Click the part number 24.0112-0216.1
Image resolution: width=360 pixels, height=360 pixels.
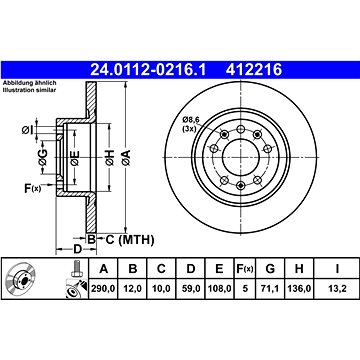point(149,70)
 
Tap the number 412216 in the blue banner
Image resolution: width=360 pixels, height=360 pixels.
point(254,70)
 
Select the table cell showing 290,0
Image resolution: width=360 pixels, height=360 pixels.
point(103,289)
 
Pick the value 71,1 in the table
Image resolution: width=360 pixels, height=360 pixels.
point(270,289)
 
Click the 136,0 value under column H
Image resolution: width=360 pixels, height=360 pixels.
point(299,289)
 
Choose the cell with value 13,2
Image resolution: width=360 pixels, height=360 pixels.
point(337,289)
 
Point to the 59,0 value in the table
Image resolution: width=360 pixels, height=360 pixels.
point(190,289)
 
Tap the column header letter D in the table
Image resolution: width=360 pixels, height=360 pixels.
point(190,269)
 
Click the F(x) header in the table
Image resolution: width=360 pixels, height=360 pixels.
point(245,269)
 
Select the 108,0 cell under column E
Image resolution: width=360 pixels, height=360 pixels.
point(219,289)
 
